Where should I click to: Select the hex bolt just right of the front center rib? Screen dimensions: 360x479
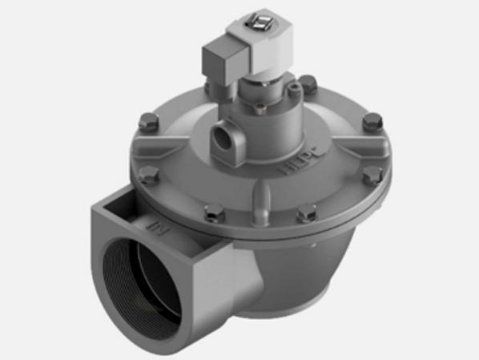[304, 212]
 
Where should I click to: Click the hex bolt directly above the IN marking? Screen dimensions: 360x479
[149, 176]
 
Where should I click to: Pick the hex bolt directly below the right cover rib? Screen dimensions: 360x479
[369, 175]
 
